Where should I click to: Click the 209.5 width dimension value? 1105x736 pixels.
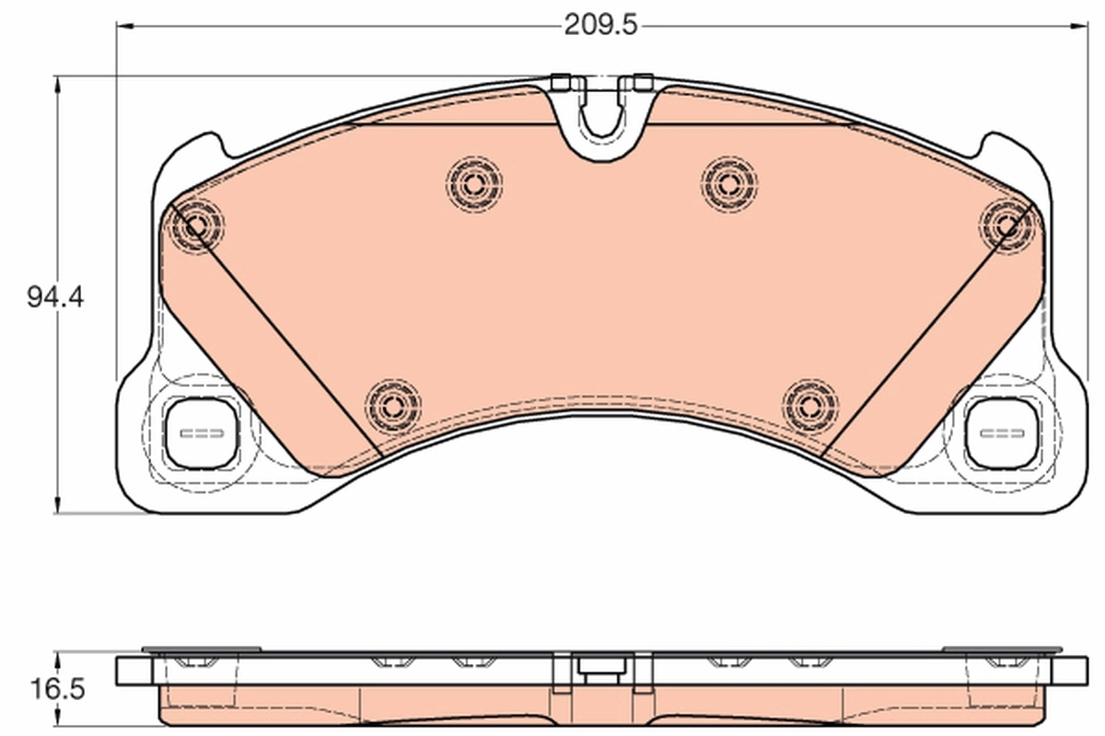600,26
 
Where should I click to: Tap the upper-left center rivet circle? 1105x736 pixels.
474,183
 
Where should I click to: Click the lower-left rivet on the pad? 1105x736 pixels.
392,405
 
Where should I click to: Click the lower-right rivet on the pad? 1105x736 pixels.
810,405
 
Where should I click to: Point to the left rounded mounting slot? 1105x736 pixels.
201,433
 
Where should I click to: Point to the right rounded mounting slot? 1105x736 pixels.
1001,433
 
